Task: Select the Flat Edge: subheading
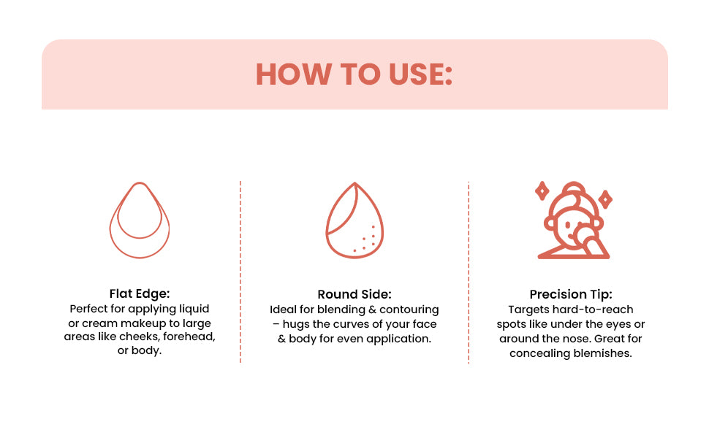(139, 293)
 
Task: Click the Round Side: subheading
(354, 294)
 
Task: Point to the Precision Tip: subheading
(570, 294)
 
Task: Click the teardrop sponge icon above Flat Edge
(139, 220)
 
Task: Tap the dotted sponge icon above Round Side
(354, 220)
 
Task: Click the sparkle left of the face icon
(542, 191)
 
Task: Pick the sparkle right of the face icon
(604, 198)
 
